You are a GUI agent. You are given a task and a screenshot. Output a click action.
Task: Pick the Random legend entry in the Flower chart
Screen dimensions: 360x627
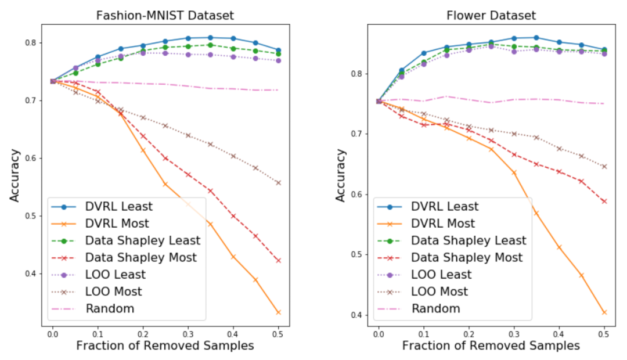(x=435, y=308)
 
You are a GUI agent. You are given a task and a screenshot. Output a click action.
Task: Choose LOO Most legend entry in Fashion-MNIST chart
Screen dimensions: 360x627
(x=114, y=291)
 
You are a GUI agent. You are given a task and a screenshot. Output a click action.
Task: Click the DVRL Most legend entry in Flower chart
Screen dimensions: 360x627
(x=442, y=224)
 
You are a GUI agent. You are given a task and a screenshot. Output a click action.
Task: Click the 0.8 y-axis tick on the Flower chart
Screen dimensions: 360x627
(x=358, y=74)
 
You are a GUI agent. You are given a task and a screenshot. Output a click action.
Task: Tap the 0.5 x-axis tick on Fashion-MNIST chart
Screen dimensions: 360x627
(x=278, y=334)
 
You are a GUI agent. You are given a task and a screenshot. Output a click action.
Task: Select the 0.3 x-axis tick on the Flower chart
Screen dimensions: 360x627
(x=514, y=334)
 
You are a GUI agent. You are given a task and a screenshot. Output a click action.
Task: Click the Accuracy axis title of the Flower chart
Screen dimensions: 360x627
(x=342, y=175)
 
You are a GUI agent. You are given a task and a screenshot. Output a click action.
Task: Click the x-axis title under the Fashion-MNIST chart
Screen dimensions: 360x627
(x=165, y=346)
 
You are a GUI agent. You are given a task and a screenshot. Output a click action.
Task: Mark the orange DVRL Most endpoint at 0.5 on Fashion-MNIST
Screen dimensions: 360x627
(x=278, y=312)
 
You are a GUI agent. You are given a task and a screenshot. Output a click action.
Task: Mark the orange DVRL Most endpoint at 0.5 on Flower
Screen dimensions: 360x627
(x=604, y=312)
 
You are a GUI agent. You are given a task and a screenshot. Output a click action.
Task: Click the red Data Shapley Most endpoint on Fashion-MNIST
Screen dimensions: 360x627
(x=278, y=260)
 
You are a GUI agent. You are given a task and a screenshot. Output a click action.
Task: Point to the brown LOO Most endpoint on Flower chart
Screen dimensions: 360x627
(x=604, y=167)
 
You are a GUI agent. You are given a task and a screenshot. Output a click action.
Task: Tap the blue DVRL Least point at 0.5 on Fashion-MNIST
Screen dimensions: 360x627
(x=278, y=51)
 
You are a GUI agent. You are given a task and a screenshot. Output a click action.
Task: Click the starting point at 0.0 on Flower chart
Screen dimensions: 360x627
(x=379, y=101)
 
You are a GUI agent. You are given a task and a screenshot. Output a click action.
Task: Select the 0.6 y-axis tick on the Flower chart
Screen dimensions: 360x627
(x=358, y=195)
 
